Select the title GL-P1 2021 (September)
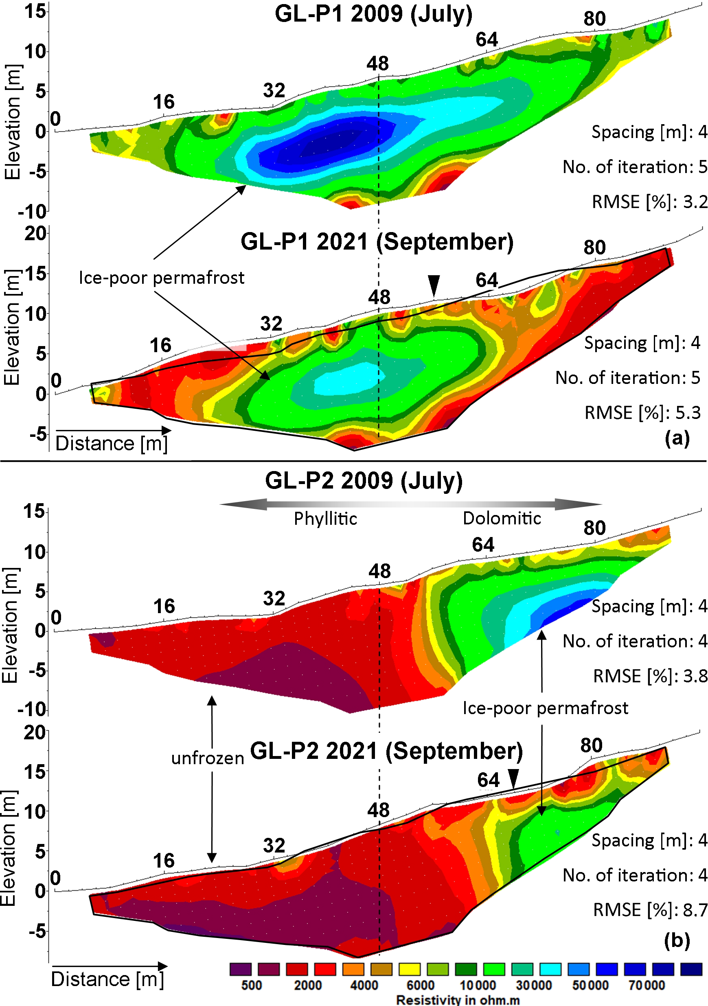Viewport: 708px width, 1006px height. click(x=377, y=242)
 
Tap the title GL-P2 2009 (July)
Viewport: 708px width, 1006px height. click(x=364, y=481)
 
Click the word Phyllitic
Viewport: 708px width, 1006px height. click(x=325, y=519)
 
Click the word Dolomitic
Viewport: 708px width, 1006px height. click(x=502, y=518)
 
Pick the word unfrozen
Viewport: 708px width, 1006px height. click(x=208, y=758)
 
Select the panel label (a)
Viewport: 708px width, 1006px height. click(x=677, y=438)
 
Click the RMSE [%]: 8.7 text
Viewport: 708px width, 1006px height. click(x=650, y=910)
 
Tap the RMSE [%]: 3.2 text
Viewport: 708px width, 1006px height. click(x=649, y=202)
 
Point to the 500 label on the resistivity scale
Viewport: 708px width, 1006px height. click(x=251, y=985)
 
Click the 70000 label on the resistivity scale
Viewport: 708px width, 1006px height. click(x=647, y=985)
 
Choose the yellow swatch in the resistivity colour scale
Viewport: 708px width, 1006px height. click(x=410, y=969)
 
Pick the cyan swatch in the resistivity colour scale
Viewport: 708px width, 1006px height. click(x=550, y=969)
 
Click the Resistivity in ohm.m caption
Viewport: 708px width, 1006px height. click(x=458, y=1000)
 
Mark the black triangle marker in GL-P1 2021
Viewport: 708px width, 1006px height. click(x=434, y=285)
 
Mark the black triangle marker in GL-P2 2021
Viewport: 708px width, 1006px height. click(x=513, y=778)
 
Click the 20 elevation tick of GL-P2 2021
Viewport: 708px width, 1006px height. click(x=35, y=732)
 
